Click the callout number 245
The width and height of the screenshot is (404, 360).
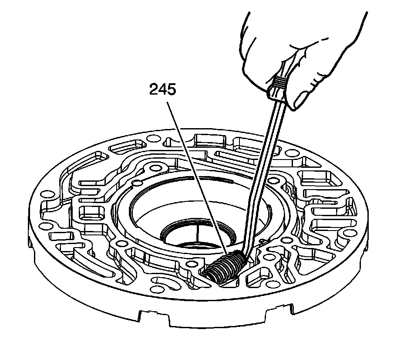(162, 90)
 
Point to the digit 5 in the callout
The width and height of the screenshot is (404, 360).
(171, 90)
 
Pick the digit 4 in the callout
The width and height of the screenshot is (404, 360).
(162, 90)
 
